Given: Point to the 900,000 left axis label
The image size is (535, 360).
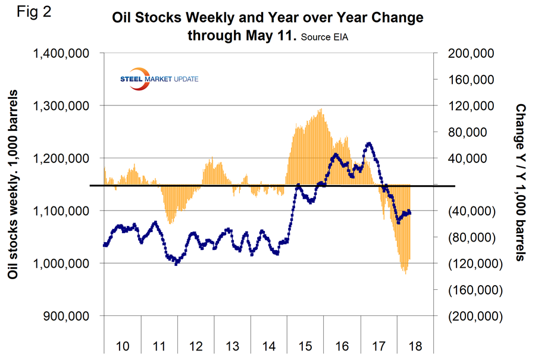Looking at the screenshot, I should (x=70, y=315).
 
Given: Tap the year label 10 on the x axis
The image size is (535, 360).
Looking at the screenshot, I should (x=122, y=346).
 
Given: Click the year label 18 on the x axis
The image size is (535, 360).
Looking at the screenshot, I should (x=416, y=346).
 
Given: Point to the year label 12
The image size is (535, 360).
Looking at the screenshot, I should (x=196, y=346).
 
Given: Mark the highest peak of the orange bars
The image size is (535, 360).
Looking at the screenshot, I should (x=321, y=109).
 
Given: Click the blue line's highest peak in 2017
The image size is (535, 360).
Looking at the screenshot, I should (x=370, y=143).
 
